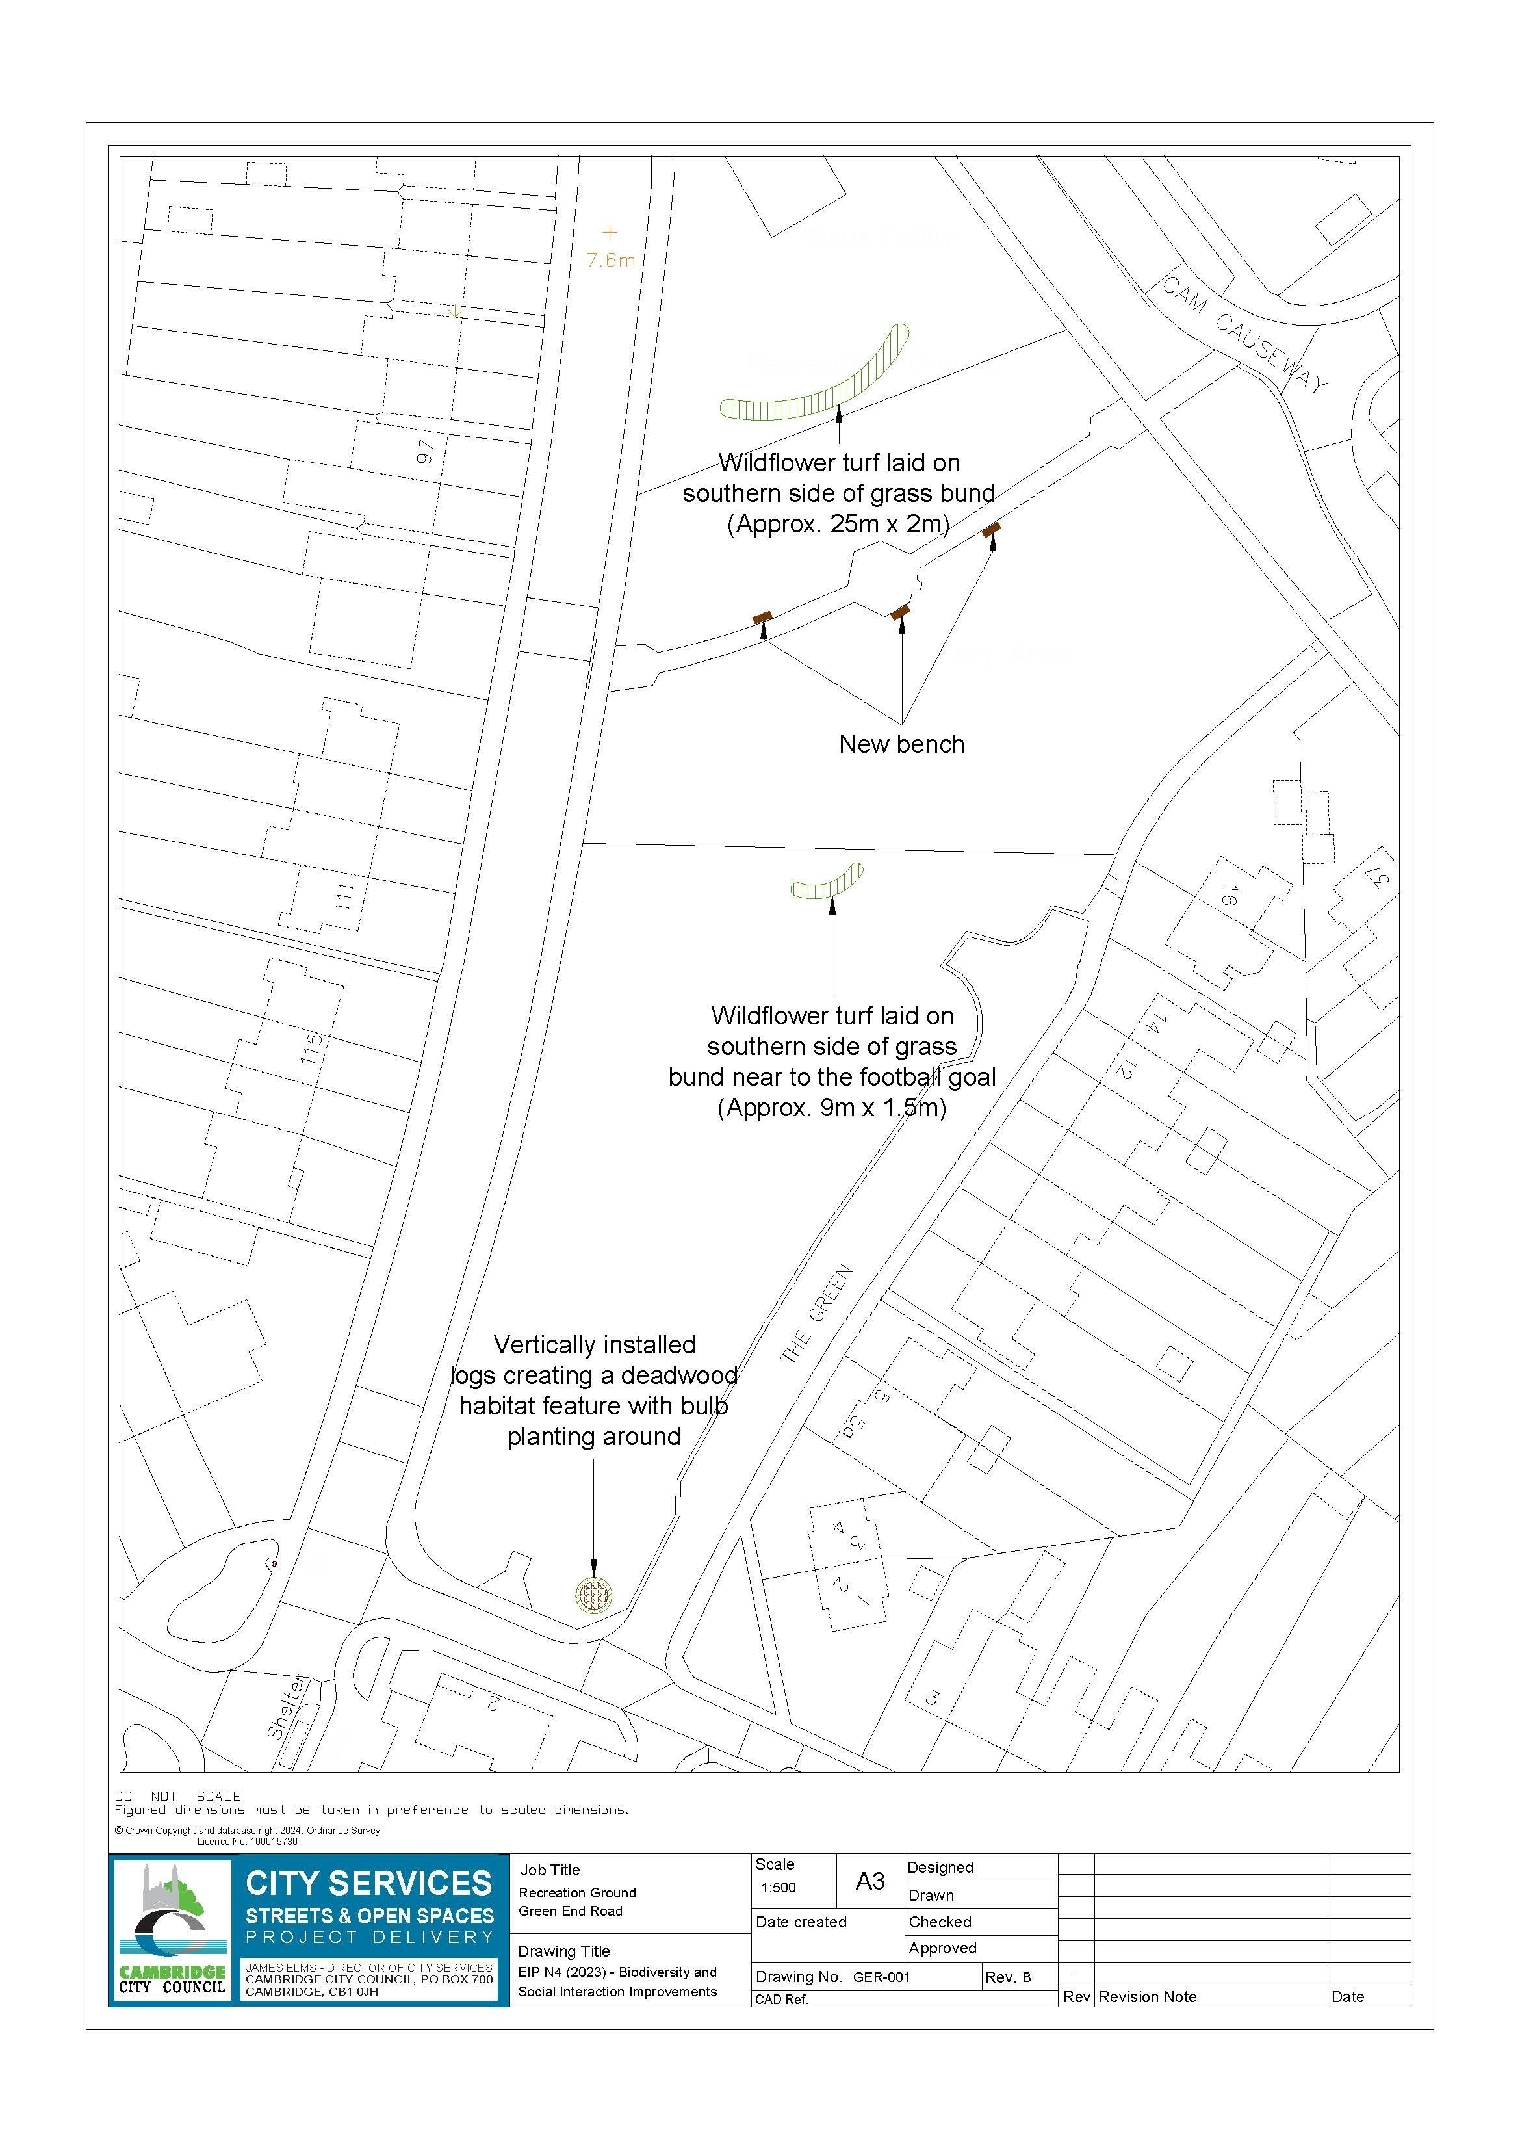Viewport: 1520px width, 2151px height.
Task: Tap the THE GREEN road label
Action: point(817,1314)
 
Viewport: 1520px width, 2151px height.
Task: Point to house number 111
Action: point(344,896)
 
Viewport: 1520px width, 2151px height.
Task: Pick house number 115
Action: point(312,1047)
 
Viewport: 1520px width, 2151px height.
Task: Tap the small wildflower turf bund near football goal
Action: point(827,883)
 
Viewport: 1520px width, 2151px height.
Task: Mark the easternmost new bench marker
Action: point(992,530)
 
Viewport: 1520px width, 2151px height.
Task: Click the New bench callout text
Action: point(901,745)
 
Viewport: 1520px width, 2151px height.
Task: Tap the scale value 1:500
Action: point(779,1888)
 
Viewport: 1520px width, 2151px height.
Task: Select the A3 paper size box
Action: point(870,1881)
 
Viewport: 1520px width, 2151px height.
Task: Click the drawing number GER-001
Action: point(881,1977)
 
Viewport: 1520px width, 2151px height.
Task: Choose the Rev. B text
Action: point(1008,1977)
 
